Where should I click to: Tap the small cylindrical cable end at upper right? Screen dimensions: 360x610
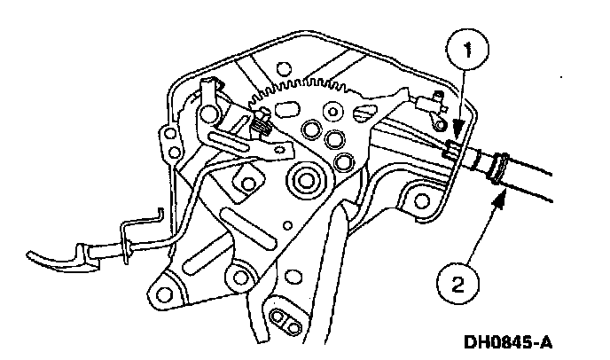[x=432, y=105]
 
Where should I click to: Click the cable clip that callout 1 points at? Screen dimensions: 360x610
[x=450, y=152]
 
